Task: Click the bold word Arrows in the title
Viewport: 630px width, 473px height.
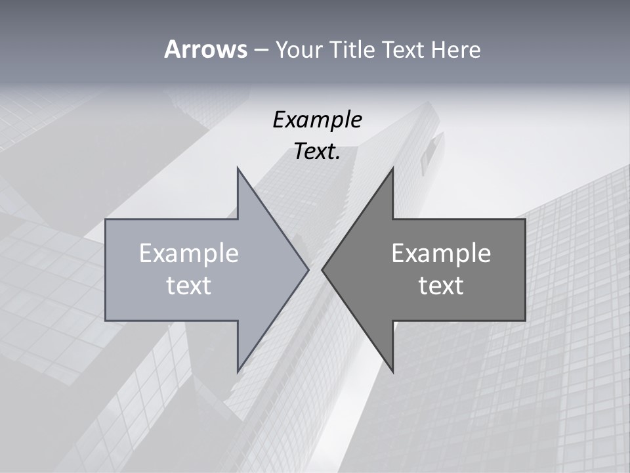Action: (x=205, y=49)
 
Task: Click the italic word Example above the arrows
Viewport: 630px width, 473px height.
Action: (x=317, y=120)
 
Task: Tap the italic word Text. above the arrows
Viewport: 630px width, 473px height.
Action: (x=317, y=152)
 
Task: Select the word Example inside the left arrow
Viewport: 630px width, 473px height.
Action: (x=189, y=253)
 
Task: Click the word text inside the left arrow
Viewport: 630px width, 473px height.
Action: (x=189, y=285)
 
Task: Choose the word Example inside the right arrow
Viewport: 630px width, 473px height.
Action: (x=441, y=253)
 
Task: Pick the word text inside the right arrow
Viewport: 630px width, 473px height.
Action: (x=441, y=285)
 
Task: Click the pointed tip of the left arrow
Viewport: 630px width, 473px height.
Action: (x=308, y=269)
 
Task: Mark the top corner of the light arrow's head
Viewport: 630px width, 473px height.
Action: (x=238, y=169)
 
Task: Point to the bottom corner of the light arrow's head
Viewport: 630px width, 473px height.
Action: (x=238, y=371)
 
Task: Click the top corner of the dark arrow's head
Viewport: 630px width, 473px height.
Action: (x=392, y=169)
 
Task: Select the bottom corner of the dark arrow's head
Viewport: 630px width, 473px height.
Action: (x=392, y=371)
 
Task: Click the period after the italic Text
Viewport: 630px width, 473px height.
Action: (x=338, y=158)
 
